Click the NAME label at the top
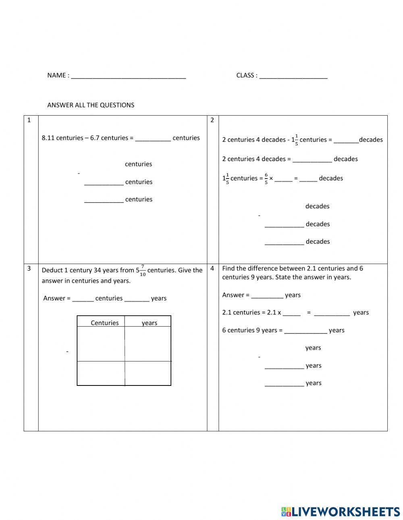(56, 75)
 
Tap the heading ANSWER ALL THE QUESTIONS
(91, 105)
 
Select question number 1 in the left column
(29, 120)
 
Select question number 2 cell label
(212, 120)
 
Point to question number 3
(29, 268)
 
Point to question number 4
(212, 268)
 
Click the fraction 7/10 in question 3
(143, 270)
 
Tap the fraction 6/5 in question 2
(266, 178)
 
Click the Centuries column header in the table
(105, 323)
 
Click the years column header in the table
(149, 323)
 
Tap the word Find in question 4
(229, 268)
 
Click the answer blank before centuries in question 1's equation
(153, 139)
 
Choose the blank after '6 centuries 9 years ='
(305, 331)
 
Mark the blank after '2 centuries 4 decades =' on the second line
(312, 160)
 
